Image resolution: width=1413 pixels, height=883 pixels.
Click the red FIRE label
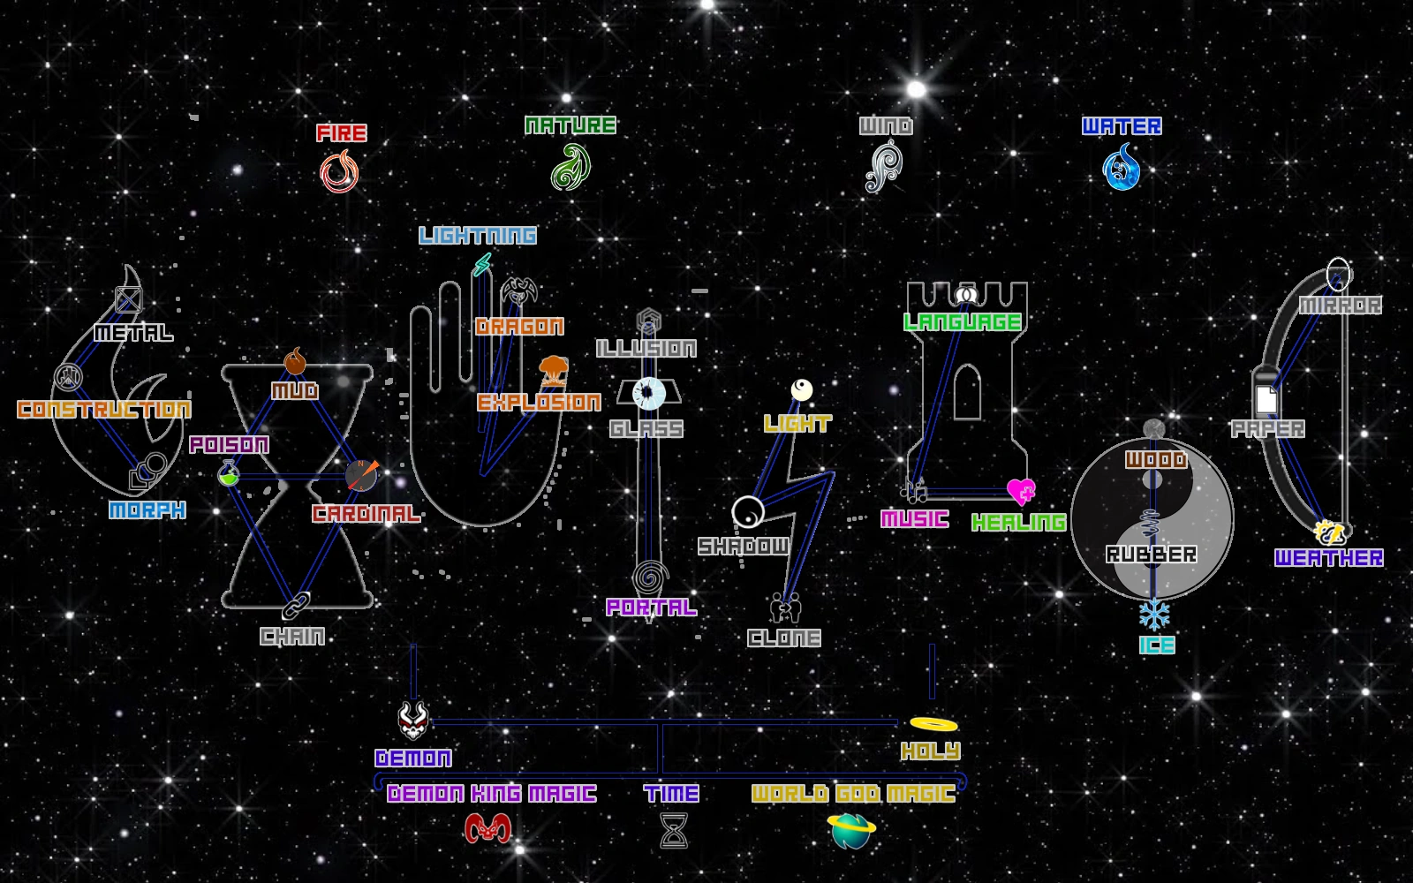[342, 133]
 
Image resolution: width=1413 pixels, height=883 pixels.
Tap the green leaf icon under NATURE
[570, 167]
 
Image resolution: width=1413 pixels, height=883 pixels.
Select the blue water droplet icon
[1122, 168]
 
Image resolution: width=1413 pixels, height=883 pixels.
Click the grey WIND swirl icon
[884, 168]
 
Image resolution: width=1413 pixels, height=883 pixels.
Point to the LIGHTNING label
[478, 236]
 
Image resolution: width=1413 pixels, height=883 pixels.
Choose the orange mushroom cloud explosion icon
[554, 370]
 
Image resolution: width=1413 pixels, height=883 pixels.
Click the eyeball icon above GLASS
[649, 393]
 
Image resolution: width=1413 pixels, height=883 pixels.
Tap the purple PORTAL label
[651, 608]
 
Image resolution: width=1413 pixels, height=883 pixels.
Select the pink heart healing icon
[1021, 491]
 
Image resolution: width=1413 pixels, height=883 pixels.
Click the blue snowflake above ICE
[1153, 614]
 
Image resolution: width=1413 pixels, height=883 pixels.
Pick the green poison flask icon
[229, 474]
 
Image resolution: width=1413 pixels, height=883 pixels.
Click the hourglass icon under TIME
[674, 830]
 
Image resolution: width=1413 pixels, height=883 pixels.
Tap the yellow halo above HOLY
[933, 724]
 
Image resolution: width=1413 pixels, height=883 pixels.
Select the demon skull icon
[413, 721]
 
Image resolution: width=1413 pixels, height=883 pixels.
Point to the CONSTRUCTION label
[104, 410]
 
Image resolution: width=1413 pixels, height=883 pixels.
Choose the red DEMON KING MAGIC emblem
[487, 828]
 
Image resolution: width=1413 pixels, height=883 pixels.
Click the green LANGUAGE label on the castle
[963, 322]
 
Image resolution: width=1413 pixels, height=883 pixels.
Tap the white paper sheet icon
[1266, 399]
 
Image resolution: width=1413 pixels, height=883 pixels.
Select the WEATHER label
[1328, 558]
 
